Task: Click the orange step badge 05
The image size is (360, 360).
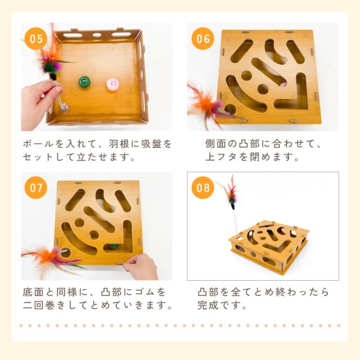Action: point(36,39)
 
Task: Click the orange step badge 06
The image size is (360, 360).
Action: point(203,39)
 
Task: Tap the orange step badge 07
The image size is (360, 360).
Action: point(36,187)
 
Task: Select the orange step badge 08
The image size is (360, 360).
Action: point(203,187)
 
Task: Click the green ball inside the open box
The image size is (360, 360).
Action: point(84,82)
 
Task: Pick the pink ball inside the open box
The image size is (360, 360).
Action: point(113,84)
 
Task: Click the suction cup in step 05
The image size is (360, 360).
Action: point(65,107)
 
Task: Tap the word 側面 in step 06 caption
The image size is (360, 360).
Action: point(216,144)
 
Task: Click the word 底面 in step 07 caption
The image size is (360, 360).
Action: point(33,292)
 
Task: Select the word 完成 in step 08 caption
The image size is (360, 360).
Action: point(208,305)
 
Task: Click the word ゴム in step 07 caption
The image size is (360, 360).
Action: point(145,292)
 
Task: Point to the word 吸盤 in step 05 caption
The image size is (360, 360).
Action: point(151,144)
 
